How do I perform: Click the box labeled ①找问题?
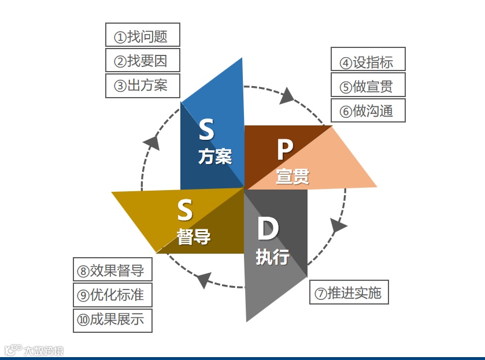point(143,35)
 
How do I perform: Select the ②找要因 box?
point(143,60)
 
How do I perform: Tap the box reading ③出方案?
point(143,86)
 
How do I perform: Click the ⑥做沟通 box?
point(368,110)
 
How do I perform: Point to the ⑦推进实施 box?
point(349,292)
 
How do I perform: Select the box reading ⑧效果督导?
point(113,270)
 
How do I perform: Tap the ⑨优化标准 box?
point(113,295)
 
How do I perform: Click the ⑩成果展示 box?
point(113,320)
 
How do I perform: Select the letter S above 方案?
point(206,130)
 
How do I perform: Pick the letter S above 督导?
point(185,211)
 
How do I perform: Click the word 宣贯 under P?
point(293,176)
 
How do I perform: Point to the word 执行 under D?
point(272,257)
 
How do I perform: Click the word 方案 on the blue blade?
point(215,157)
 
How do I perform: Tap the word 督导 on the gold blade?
point(194,237)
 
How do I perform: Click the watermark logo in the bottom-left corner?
point(34,350)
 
